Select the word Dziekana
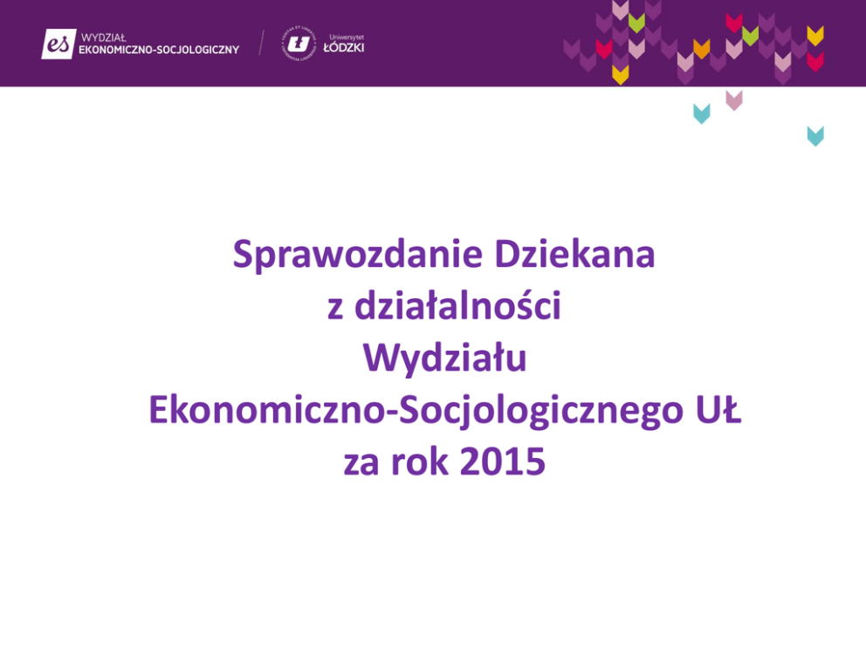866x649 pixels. click(x=574, y=254)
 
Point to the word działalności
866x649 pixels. click(x=457, y=305)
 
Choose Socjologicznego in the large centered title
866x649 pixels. click(x=541, y=412)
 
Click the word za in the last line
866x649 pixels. click(x=361, y=463)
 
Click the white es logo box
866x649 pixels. click(x=58, y=44)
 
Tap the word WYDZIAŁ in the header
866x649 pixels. click(x=104, y=38)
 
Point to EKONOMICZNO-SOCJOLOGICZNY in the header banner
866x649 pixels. click(x=159, y=50)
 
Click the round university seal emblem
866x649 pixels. click(x=299, y=43)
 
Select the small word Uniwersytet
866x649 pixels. click(x=347, y=37)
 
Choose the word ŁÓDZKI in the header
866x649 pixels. click(x=344, y=47)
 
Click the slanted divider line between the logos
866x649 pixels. click(x=261, y=43)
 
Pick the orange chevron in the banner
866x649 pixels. click(x=701, y=49)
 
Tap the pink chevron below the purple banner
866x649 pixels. click(x=734, y=100)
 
